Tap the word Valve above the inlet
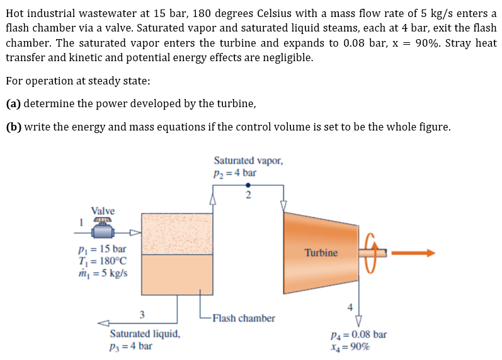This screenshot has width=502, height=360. [x=103, y=211]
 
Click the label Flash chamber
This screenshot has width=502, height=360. [x=244, y=318]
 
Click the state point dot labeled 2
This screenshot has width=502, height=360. [x=248, y=185]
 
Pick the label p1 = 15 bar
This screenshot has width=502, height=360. [x=100, y=249]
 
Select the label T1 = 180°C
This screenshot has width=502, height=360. [x=100, y=261]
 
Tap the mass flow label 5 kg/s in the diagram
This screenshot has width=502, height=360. [x=100, y=273]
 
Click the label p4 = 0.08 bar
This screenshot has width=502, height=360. [x=358, y=334]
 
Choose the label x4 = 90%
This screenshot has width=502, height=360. [x=350, y=346]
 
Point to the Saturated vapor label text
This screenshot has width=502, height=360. [x=248, y=161]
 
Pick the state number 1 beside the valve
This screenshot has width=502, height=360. [x=81, y=221]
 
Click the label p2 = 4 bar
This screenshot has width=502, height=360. [x=235, y=172]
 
